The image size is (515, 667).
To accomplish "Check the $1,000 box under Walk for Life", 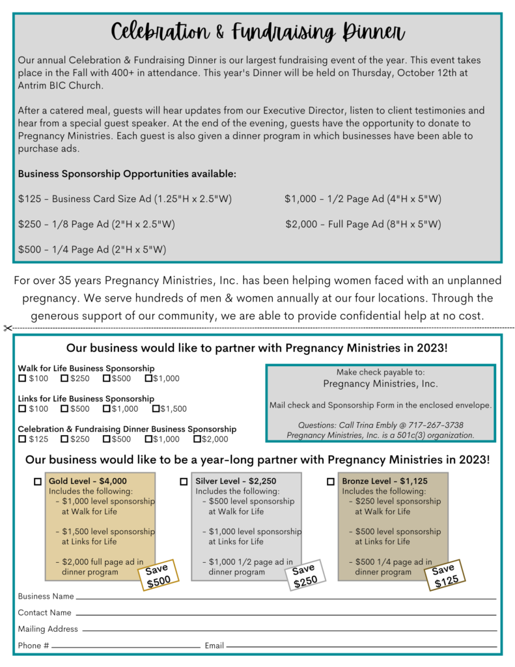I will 148,378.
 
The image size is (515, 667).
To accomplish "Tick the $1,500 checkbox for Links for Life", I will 156,409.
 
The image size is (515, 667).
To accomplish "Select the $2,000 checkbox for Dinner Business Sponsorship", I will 197,440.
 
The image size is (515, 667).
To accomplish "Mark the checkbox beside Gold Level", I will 38,482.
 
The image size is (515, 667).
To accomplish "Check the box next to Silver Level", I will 184,482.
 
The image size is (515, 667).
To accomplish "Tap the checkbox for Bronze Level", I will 330,482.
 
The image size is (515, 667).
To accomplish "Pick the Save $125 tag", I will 445,576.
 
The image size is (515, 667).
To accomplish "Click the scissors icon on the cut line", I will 7,328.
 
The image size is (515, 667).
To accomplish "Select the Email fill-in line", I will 361,647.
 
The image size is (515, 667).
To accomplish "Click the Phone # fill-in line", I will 126,647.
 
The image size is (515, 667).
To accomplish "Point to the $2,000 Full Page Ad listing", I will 363,225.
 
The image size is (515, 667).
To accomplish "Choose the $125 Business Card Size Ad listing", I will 125,199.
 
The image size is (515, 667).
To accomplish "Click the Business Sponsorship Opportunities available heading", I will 127,174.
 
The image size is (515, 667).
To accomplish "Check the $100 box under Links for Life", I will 22,409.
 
